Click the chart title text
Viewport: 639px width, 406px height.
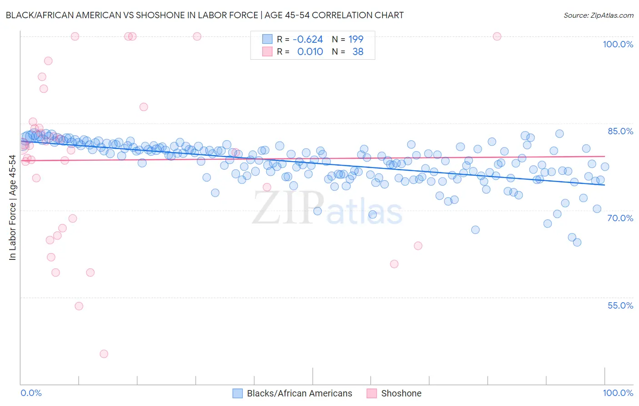[x=205, y=15]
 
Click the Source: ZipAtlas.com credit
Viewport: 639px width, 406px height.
[x=598, y=15]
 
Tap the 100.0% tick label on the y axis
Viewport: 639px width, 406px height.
[x=618, y=44]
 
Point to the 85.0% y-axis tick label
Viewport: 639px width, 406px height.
[x=620, y=131]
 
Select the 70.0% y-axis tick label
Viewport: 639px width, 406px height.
[x=620, y=218]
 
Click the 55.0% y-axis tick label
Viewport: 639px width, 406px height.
[x=620, y=305]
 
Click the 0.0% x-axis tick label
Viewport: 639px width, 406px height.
[x=31, y=393]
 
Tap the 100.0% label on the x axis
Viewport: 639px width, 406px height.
[x=618, y=393]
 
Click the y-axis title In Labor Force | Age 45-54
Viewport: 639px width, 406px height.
[x=12, y=208]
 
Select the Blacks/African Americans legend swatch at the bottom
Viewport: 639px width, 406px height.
[x=237, y=393]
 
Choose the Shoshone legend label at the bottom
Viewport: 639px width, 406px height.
[x=401, y=393]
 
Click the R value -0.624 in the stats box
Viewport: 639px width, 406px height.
[x=308, y=40]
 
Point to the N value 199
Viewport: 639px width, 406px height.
[x=356, y=40]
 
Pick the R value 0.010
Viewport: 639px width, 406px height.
[x=310, y=52]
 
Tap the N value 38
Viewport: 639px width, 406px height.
[x=358, y=52]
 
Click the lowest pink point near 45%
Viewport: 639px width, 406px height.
[x=104, y=354]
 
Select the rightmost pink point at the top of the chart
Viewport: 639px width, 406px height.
[x=497, y=36]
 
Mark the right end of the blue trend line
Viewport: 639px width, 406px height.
[x=604, y=185]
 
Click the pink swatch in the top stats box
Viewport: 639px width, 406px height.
[x=267, y=52]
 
